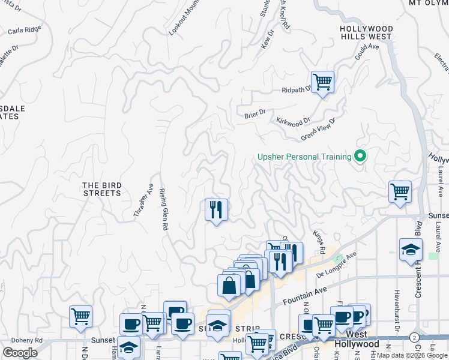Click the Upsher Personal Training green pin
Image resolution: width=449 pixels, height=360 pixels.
click(x=360, y=157)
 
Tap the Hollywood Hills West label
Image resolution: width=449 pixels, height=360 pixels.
click(x=366, y=32)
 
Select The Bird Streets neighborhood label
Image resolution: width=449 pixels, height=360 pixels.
click(x=102, y=189)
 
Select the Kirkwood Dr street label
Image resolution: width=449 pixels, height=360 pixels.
click(x=293, y=121)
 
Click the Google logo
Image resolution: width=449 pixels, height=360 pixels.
click(x=20, y=353)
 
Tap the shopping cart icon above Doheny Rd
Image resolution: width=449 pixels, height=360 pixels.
click(x=80, y=316)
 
